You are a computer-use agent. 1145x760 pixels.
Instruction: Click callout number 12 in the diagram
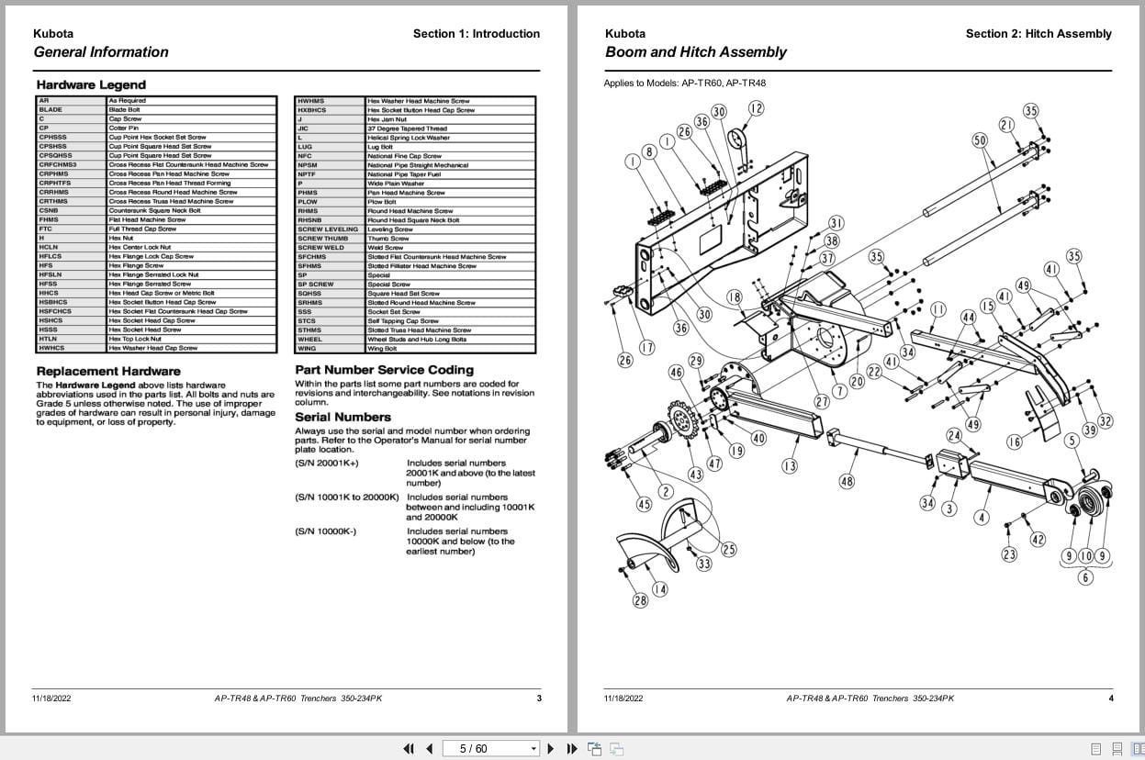(x=756, y=108)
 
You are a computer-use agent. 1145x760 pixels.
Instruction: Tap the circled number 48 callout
(x=847, y=481)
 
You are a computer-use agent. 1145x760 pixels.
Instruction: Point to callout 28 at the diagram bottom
(x=640, y=600)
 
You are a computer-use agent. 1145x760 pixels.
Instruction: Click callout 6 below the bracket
(x=1085, y=578)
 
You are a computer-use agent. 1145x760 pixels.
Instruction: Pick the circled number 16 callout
(x=1014, y=442)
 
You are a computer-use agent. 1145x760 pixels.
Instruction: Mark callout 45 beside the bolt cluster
(x=644, y=504)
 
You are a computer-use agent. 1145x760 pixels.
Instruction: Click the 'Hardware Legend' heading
(x=91, y=84)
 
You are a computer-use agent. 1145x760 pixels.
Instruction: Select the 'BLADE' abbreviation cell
(x=51, y=110)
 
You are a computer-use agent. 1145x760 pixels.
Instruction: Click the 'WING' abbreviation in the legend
(x=307, y=349)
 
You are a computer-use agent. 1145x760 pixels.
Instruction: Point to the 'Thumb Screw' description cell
(x=385, y=239)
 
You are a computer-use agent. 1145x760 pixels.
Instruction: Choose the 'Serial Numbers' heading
(x=342, y=417)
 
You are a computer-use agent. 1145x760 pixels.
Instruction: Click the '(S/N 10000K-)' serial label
(x=325, y=531)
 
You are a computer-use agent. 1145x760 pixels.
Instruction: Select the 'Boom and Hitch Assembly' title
(x=695, y=52)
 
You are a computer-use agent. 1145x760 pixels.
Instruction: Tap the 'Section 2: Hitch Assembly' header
(x=1038, y=34)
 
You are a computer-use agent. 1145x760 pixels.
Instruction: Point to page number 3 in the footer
(x=539, y=699)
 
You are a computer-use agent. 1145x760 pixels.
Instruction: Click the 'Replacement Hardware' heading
(x=108, y=371)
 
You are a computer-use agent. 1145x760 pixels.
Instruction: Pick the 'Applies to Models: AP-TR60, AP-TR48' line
(x=684, y=84)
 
